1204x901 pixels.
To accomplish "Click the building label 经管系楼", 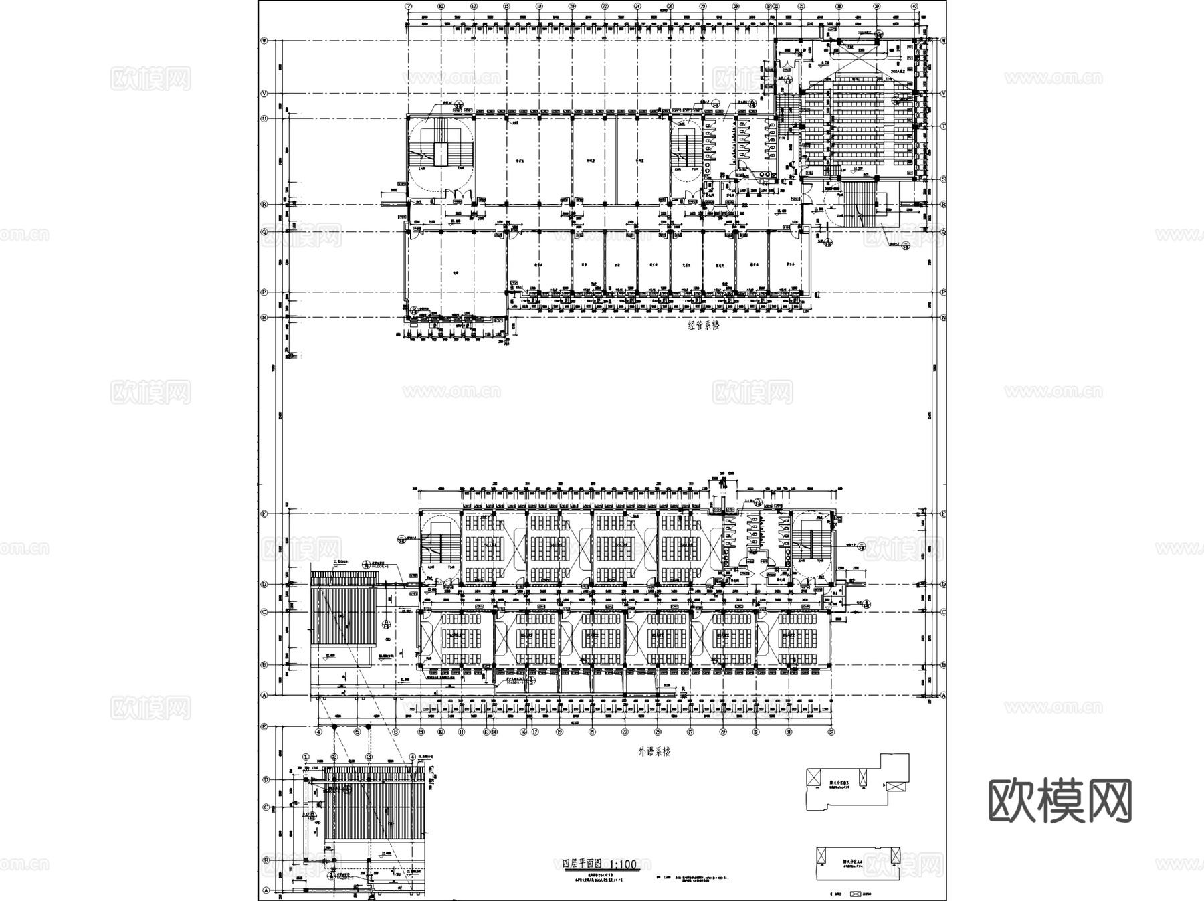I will click(x=703, y=326).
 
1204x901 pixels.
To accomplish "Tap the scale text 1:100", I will click(x=623, y=864).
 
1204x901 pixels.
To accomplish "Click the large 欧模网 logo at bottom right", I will click(x=1060, y=800).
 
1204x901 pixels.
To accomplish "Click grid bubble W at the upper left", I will click(x=264, y=40).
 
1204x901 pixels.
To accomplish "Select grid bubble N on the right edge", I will click(x=943, y=318).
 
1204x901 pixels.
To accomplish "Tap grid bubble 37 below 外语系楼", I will click(x=832, y=732).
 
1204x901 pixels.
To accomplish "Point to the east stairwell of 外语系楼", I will click(x=811, y=545).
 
